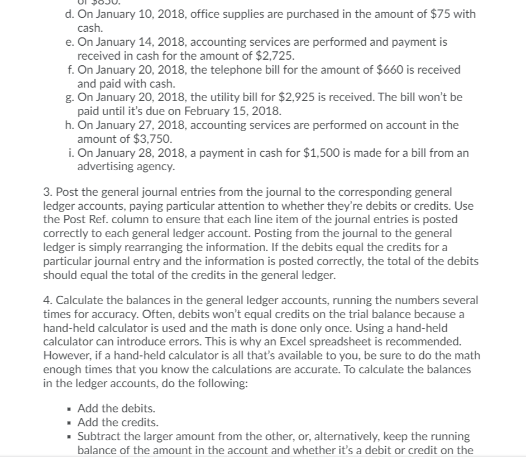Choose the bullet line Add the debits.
pyautogui.click(x=116, y=409)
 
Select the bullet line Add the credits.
pyautogui.click(x=118, y=422)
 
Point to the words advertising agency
pyautogui.click(x=126, y=166)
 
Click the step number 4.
pyautogui.click(x=47, y=301)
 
